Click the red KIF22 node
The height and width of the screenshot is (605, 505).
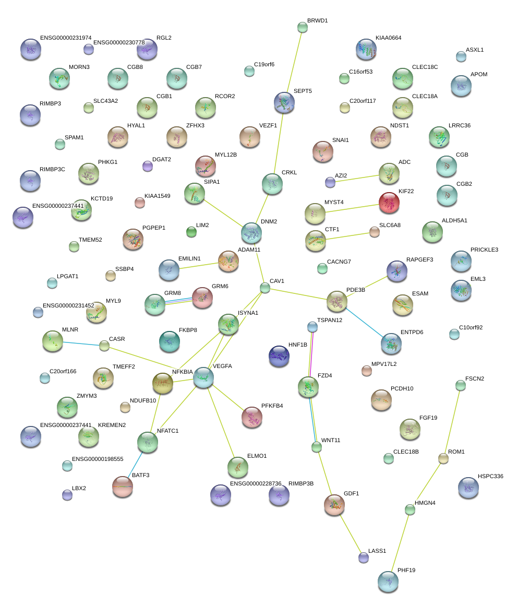[389, 203]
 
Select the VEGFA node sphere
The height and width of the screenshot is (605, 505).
[203, 377]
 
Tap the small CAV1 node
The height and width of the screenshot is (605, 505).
[265, 287]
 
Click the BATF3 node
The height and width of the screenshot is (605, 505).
[123, 486]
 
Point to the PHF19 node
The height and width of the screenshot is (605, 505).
[388, 581]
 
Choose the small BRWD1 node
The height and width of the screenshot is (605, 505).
[303, 27]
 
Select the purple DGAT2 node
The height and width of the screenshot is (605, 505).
[148, 166]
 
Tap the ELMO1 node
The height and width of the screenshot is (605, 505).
[238, 467]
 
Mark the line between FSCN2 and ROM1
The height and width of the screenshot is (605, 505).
[452, 422]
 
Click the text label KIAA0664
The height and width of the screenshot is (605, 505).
[388, 38]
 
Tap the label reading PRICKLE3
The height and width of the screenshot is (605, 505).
[484, 250]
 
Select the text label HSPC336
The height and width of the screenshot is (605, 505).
[490, 476]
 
